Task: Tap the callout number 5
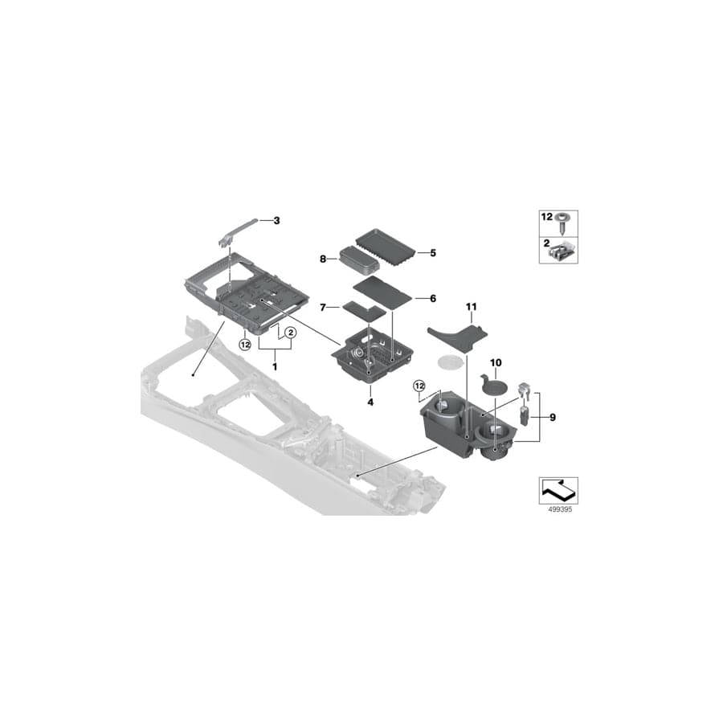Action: click(432, 253)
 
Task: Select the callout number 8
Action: click(323, 259)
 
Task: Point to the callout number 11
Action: click(471, 307)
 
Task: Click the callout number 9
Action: click(551, 417)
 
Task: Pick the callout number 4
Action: click(370, 401)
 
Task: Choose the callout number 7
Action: click(323, 307)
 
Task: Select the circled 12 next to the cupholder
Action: click(419, 386)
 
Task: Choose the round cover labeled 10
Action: click(493, 385)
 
